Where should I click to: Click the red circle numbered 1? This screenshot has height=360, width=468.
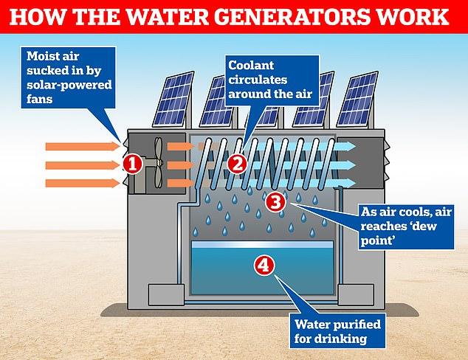(x=133, y=164)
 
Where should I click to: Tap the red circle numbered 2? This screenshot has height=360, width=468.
(x=237, y=164)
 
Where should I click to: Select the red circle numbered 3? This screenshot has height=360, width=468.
(x=275, y=201)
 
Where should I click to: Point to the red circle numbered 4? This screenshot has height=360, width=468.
(x=264, y=266)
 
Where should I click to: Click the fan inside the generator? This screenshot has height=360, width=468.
(x=159, y=162)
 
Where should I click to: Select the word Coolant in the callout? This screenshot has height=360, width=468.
(x=251, y=66)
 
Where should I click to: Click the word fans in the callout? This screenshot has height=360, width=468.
(x=39, y=99)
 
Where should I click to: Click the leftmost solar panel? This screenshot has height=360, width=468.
(x=173, y=99)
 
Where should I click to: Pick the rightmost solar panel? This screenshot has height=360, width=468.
(x=357, y=99)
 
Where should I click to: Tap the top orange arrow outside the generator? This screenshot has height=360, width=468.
(x=83, y=147)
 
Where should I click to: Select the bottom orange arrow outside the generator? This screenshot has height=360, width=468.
(x=83, y=183)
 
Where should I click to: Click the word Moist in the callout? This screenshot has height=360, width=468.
(x=39, y=56)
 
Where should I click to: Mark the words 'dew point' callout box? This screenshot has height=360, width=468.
(x=406, y=227)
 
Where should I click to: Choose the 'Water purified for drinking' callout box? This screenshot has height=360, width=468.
(x=337, y=330)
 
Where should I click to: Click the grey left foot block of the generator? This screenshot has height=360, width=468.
(x=166, y=294)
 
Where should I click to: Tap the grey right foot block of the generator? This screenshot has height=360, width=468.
(x=356, y=294)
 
